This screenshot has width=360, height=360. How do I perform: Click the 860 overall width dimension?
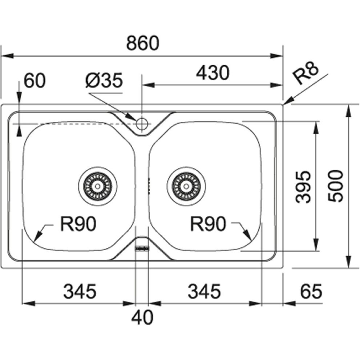(143, 44)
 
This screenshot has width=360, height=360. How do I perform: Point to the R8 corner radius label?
(306, 74)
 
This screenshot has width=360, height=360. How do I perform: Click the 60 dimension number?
(35, 80)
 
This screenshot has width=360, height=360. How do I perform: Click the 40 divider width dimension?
(142, 318)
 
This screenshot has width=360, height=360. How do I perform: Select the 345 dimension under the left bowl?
(80, 291)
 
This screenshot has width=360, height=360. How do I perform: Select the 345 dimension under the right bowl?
(204, 291)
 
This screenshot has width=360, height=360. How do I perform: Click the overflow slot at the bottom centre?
(142, 248)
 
